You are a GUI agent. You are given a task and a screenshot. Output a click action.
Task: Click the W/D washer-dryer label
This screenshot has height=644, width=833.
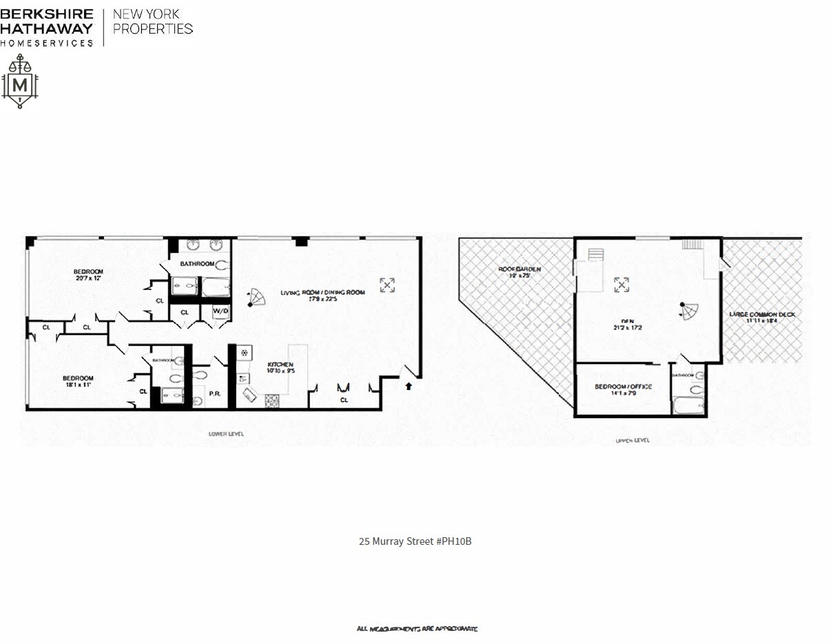[x=220, y=311]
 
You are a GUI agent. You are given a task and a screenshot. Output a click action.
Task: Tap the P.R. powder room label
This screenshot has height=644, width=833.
[x=214, y=394]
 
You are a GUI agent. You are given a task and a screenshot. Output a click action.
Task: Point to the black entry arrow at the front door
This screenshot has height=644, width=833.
[x=409, y=386]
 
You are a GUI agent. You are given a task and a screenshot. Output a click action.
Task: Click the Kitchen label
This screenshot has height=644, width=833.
[x=281, y=364]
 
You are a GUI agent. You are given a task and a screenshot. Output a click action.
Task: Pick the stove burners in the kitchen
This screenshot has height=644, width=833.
[x=271, y=400]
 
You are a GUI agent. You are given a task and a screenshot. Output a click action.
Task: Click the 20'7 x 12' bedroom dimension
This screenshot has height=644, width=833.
[x=88, y=279]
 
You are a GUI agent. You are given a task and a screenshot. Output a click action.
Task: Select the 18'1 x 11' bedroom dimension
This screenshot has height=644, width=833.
[x=77, y=386]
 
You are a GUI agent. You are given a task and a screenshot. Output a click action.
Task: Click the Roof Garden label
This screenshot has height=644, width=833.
[x=521, y=269]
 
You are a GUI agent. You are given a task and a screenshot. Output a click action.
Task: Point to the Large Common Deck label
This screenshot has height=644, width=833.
[x=762, y=315]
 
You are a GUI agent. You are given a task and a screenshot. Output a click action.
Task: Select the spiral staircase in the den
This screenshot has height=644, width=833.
[x=689, y=311]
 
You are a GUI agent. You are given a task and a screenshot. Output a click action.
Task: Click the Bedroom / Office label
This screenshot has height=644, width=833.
[x=623, y=386]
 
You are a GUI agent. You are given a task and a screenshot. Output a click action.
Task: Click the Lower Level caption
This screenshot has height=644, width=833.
[x=226, y=434]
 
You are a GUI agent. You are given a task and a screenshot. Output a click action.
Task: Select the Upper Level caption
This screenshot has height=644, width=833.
[x=632, y=440]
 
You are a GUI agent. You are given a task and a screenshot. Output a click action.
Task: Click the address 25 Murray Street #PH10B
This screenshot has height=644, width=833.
[x=415, y=541]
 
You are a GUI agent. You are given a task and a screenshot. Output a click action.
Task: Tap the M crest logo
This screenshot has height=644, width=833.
[x=20, y=82]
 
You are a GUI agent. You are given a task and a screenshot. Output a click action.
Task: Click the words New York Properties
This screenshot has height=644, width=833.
[x=152, y=21]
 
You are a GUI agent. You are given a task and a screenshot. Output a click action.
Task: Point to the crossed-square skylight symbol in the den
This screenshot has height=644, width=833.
[x=621, y=284]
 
